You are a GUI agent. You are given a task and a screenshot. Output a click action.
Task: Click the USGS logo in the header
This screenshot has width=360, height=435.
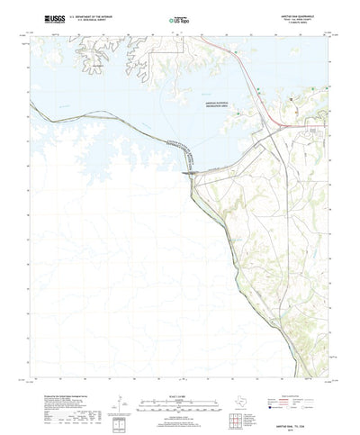coord(48,18)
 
